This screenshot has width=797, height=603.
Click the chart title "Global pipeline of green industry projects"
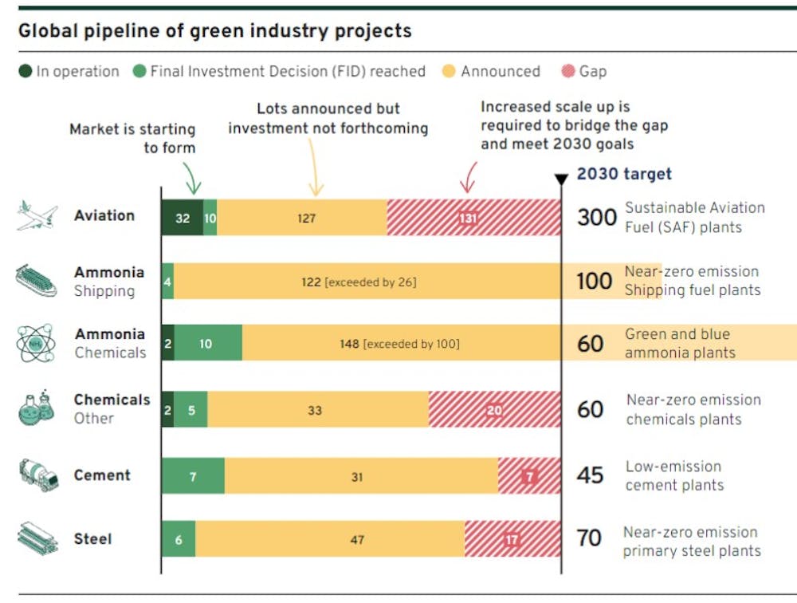pos(215,31)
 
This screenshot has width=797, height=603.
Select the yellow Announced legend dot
pos(449,71)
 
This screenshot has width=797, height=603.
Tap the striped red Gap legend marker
pos(567,71)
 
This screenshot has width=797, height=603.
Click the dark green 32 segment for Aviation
pos(183,218)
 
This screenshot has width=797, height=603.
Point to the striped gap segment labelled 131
pos(473,218)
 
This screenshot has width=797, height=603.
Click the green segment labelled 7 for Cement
pos(193,476)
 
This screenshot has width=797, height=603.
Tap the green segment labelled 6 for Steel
pos(179,540)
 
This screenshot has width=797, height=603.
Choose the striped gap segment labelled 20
pos(494,410)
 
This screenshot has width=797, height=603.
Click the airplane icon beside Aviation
pos(37,216)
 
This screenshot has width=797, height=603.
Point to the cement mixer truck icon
pos(38,475)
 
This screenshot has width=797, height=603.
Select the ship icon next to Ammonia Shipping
pos(36,281)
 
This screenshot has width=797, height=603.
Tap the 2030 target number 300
pos(596,217)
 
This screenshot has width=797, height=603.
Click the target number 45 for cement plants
pos(590,475)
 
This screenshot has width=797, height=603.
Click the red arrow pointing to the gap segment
pos(469,177)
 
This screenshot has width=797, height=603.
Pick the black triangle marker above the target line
pos(561,179)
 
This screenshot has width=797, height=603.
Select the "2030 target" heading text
pos(624,174)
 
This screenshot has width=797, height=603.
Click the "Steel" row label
pos(92,539)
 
